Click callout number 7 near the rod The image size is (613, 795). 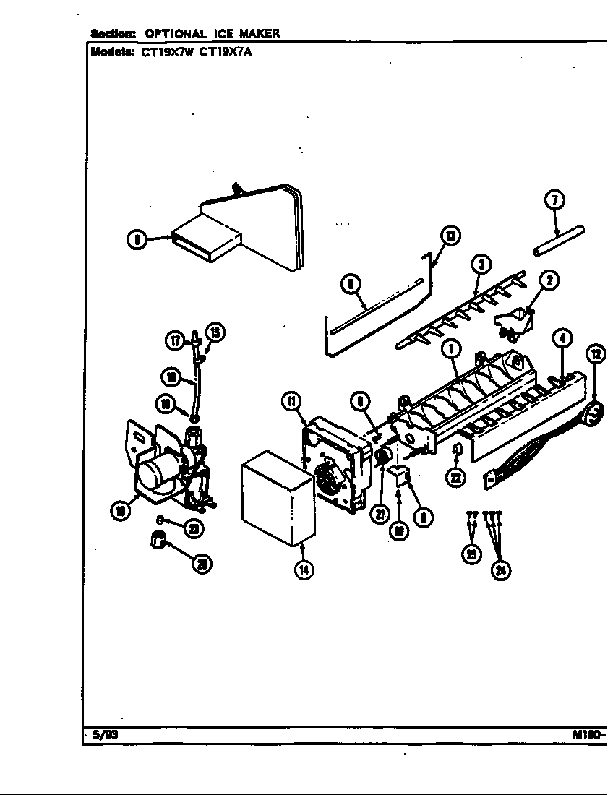click(x=554, y=201)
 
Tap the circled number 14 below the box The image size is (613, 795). click(x=304, y=569)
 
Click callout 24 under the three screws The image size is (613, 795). click(x=500, y=570)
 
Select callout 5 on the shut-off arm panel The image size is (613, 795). click(x=351, y=285)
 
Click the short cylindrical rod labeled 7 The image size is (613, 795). click(x=560, y=241)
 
